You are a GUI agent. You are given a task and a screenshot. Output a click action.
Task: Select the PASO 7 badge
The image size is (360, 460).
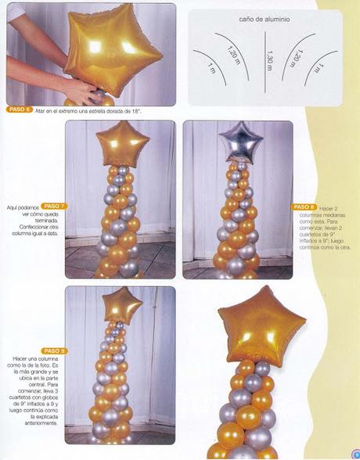coord(55,206)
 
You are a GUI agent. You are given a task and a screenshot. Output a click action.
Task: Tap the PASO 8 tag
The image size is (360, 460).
coord(304,207)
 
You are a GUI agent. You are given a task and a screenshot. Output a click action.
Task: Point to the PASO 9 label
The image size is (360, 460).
coord(55,350)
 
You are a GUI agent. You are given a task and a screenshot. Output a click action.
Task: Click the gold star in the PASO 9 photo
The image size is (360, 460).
coord(123,306)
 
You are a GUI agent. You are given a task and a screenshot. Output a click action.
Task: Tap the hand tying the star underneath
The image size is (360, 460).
coord(78,92)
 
